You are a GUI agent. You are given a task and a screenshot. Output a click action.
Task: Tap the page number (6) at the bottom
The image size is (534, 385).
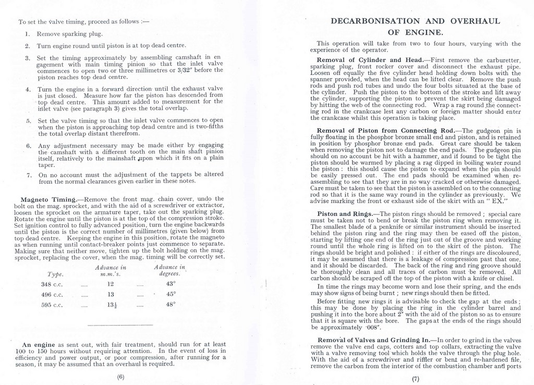pos(120,377)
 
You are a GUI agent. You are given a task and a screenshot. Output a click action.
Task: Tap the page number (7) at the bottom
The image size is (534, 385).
pos(416,379)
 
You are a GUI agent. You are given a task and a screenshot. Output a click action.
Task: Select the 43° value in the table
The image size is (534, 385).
pos(170,284)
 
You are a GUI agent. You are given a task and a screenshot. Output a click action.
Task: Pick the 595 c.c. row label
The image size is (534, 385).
pos(52,305)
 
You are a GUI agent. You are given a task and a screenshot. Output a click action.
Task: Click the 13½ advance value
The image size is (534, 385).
pos(111,305)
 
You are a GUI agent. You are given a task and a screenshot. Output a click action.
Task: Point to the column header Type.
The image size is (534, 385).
pos(55,274)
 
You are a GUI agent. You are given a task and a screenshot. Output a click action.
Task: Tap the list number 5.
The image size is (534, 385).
pos(29,121)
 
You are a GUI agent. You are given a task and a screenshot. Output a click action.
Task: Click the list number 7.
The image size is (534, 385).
pos(29,175)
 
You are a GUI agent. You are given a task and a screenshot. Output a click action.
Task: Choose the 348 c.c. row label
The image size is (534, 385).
pos(52,284)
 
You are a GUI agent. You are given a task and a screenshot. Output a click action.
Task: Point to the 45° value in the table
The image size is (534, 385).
pos(170,294)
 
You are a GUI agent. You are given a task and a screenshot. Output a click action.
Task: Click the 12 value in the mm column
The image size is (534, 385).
pos(110,284)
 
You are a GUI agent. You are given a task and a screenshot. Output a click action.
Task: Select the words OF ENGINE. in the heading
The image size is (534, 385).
pos(416,32)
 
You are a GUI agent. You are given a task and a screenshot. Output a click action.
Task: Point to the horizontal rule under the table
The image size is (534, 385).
pos(113,326)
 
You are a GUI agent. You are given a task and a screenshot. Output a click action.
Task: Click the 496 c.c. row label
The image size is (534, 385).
pos(52,295)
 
